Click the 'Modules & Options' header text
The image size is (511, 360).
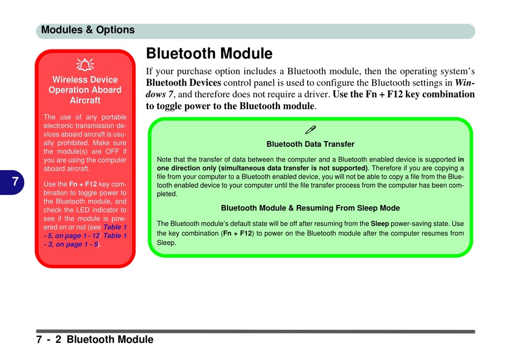coord(88,30)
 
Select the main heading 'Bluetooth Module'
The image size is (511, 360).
coord(209,53)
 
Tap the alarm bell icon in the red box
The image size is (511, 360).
coord(85,65)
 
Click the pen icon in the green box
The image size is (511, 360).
coord(310,130)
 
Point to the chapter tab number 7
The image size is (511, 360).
coord(15,181)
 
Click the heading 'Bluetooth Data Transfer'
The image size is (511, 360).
coord(310,144)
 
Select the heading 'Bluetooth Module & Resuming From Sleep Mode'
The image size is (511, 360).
coord(310,208)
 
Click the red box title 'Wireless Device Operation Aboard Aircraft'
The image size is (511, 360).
coord(85,90)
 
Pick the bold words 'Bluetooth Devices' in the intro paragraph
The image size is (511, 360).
coord(183,83)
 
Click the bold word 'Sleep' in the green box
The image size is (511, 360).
coord(380,224)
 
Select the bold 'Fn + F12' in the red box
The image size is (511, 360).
coord(83,184)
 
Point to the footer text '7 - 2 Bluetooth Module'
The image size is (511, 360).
coord(95,340)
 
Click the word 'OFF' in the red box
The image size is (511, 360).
coord(112,151)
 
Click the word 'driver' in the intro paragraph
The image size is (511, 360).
coord(317,95)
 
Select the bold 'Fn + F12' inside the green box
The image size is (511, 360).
coord(238,234)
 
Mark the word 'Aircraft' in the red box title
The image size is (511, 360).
coord(85,100)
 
